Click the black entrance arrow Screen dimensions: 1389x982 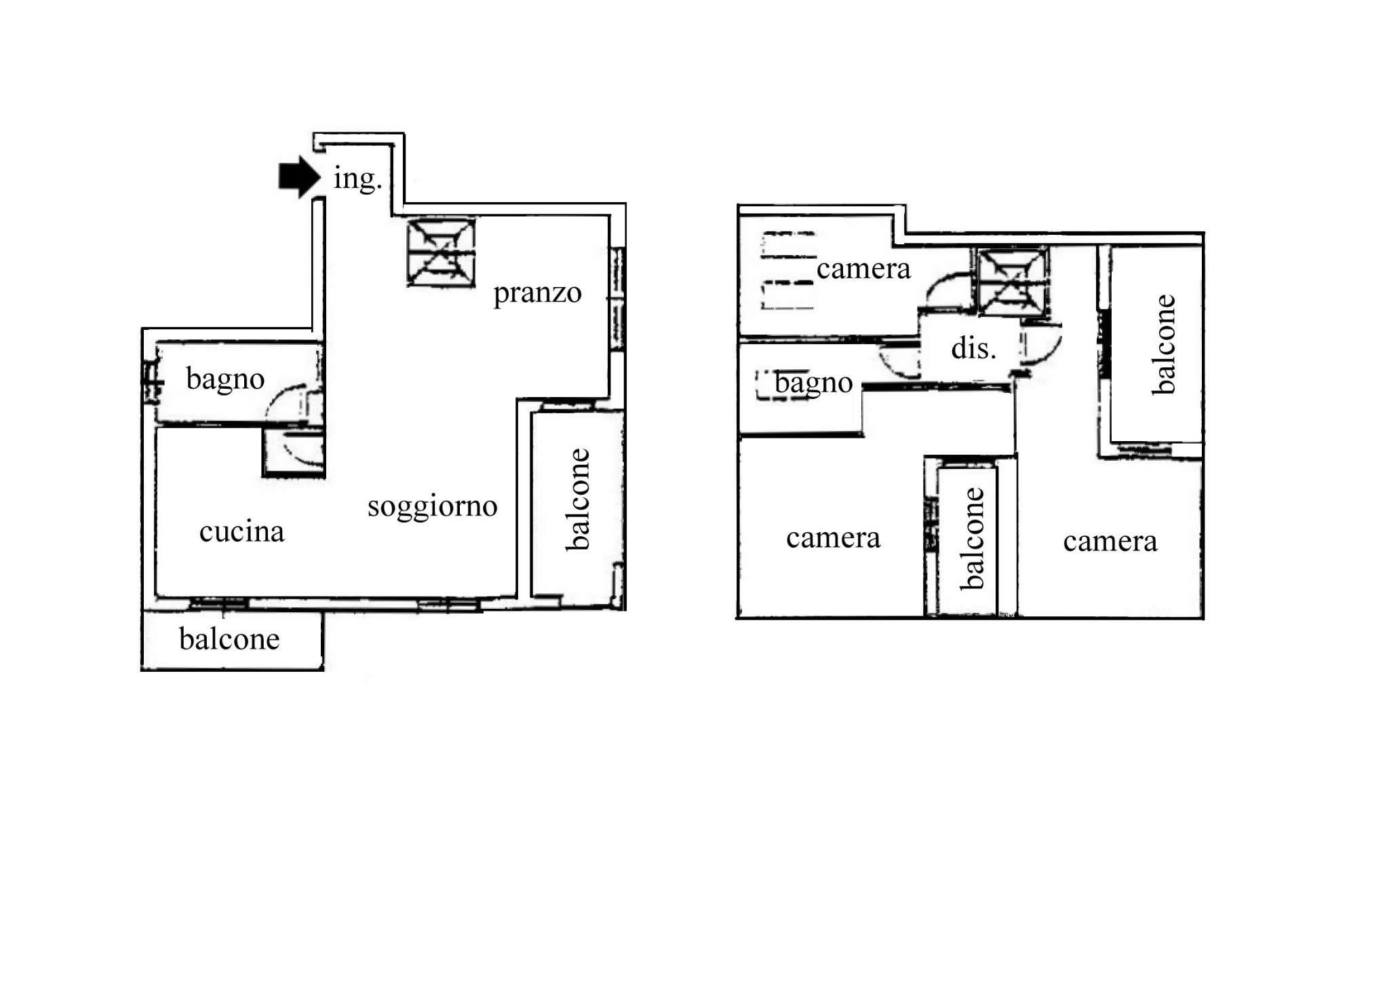299,177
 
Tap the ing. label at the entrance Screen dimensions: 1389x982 358,178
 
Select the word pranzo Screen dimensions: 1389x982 537,294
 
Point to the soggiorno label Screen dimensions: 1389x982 433,507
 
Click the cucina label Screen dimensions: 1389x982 241,531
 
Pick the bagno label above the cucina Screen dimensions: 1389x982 225,379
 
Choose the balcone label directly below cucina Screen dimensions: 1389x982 229,639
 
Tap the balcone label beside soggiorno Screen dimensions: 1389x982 578,499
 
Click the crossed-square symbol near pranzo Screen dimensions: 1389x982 441,252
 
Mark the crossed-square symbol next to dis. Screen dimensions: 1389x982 1013,282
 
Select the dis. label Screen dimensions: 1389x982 974,348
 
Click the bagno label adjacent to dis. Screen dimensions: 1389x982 814,383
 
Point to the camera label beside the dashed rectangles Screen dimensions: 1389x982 863,269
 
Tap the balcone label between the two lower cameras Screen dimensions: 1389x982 971,538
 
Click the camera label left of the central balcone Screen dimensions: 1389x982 834,538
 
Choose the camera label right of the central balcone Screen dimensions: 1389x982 1110,542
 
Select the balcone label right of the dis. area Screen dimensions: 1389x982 1163,344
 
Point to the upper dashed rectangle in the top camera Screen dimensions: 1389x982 788,246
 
